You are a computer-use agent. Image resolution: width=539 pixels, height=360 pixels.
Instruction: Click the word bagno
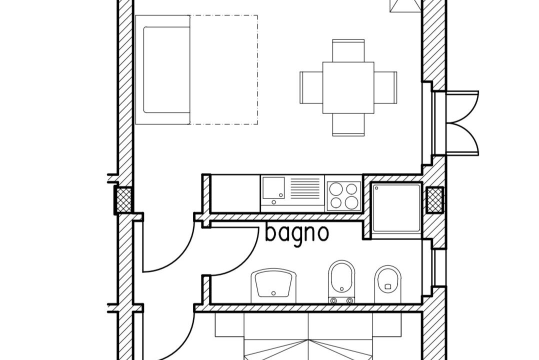click(x=297, y=234)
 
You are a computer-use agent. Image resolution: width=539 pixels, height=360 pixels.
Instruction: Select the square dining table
click(x=348, y=87)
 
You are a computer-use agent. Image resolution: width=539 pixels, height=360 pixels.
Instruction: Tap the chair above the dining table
click(x=348, y=51)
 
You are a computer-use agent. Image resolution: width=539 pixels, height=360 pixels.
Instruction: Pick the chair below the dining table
click(x=348, y=125)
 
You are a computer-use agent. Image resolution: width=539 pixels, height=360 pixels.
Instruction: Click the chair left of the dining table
click(x=311, y=87)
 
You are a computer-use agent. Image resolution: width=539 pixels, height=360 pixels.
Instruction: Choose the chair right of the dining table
click(x=385, y=87)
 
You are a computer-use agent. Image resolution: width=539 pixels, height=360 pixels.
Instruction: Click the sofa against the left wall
click(x=162, y=70)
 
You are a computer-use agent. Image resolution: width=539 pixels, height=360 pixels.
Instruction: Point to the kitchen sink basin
click(x=273, y=188)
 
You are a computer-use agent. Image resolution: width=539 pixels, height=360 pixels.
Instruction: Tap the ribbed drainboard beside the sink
click(x=305, y=188)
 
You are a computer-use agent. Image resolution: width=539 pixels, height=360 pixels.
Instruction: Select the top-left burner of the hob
click(x=336, y=189)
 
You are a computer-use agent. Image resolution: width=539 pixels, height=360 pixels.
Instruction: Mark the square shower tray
click(x=396, y=208)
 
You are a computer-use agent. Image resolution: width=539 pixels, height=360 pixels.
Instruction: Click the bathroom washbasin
click(x=273, y=285)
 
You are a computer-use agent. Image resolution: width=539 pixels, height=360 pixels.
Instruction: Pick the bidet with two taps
click(x=341, y=282)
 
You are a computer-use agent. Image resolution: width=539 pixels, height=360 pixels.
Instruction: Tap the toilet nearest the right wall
click(x=388, y=284)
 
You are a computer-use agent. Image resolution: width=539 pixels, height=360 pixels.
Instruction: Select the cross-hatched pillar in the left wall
click(x=124, y=200)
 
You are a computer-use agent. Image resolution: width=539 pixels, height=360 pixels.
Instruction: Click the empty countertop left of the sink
click(x=235, y=193)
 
